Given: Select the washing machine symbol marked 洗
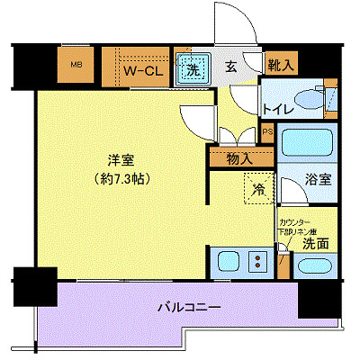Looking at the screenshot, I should pyautogui.click(x=193, y=68).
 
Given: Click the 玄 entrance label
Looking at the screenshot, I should pyautogui.click(x=230, y=67).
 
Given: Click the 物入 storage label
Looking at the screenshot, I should pyautogui.click(x=239, y=158).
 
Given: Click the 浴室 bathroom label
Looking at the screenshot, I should pyautogui.click(x=319, y=178).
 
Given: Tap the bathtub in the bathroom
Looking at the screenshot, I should pyautogui.click(x=306, y=144).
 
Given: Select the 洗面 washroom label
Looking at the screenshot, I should pyautogui.click(x=314, y=243).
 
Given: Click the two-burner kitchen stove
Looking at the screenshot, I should pyautogui.click(x=260, y=264).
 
